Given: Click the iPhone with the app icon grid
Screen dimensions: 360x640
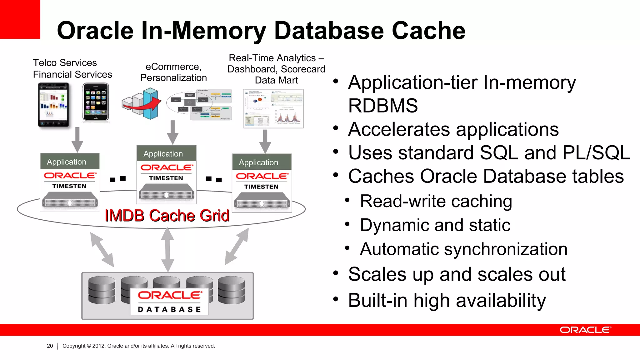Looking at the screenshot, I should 96,102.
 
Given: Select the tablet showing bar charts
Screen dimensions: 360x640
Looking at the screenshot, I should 53,105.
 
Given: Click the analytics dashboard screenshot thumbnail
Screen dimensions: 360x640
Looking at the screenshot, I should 273,108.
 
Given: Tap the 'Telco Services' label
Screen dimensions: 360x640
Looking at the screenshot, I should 65,63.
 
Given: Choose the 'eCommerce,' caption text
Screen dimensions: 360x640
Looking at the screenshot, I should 173,67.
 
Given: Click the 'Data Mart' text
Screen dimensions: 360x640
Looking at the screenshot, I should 276,80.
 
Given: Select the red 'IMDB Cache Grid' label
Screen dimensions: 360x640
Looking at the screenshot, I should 167,216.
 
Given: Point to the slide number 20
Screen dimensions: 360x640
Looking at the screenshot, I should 50,346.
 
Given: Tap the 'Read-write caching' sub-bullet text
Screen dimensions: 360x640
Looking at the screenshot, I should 436,201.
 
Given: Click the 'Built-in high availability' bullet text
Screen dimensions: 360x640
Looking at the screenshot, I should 447,301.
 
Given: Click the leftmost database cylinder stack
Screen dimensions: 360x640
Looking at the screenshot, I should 102,290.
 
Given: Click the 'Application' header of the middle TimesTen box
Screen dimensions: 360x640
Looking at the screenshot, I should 163,154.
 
